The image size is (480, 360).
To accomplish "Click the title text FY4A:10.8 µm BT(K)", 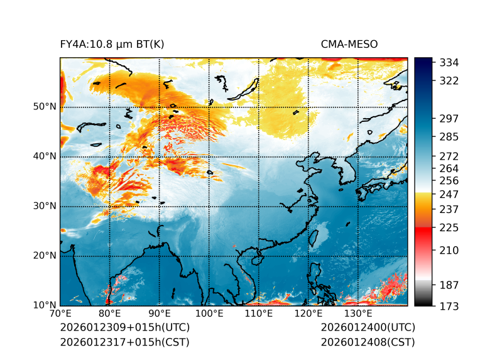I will tap(112, 44).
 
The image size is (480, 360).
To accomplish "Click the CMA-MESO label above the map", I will tap(349, 44).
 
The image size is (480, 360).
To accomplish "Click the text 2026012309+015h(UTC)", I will tap(124, 327).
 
